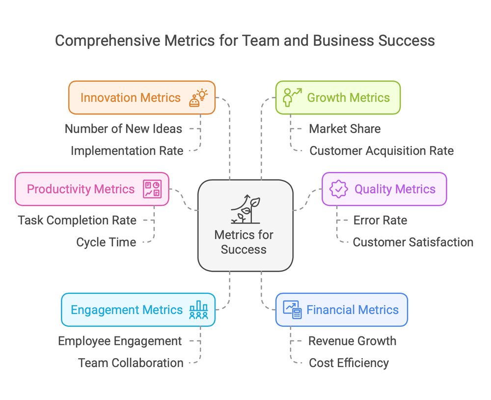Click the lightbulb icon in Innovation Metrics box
pyautogui.click(x=198, y=98)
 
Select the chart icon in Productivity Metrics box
pyautogui.click(x=152, y=189)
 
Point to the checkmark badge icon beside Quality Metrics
pyautogui.click(x=338, y=189)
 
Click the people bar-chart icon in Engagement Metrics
pyautogui.click(x=198, y=310)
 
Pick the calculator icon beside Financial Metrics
pyautogui.click(x=292, y=310)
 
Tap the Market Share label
pyautogui.click(x=345, y=129)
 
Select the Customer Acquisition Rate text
pyautogui.click(x=382, y=151)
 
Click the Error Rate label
pyautogui.click(x=380, y=221)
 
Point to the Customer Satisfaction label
pyautogui.click(x=413, y=242)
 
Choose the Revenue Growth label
pyautogui.click(x=352, y=341)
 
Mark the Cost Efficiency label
pyautogui.click(x=349, y=363)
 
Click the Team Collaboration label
pyautogui.click(x=131, y=363)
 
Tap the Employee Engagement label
pyautogui.click(x=120, y=341)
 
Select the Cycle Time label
pyautogui.click(x=106, y=242)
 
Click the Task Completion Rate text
pyautogui.click(x=77, y=221)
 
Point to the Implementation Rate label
pyautogui.click(x=127, y=151)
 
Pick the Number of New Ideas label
pyautogui.click(x=123, y=129)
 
